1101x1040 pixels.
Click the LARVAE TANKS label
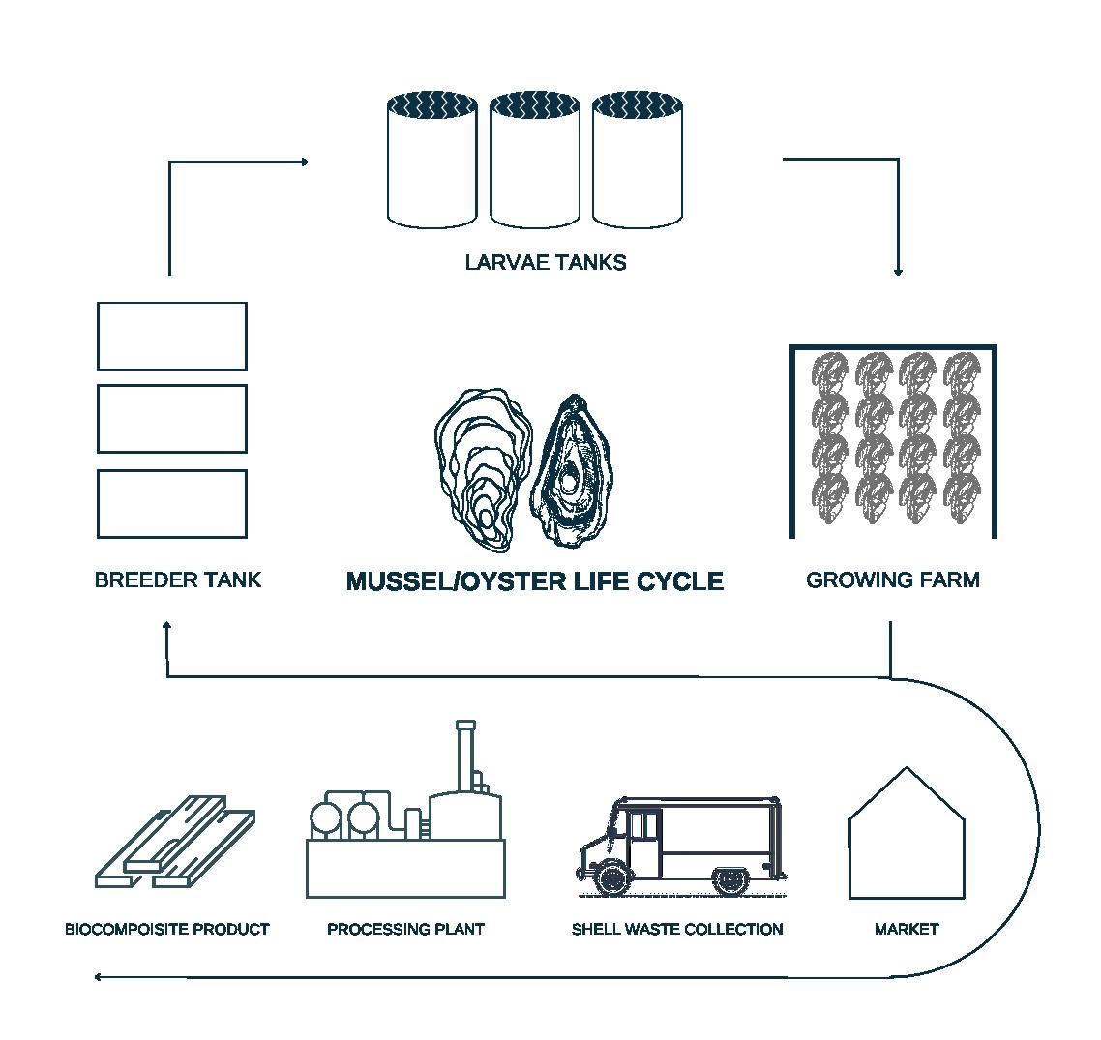546,262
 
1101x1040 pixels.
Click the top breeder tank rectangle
172,336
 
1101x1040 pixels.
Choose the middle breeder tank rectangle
172,418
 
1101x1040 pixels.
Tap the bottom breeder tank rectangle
172,503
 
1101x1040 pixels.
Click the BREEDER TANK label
178,579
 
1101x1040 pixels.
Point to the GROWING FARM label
893,579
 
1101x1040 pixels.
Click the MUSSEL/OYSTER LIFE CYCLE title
535,580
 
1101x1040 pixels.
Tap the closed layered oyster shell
483,468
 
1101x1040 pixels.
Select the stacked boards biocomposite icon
174,844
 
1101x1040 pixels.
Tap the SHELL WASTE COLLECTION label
677,929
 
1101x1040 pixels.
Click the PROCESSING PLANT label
405,929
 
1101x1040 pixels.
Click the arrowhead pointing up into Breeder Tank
167,627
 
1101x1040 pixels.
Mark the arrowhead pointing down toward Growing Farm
898,272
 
